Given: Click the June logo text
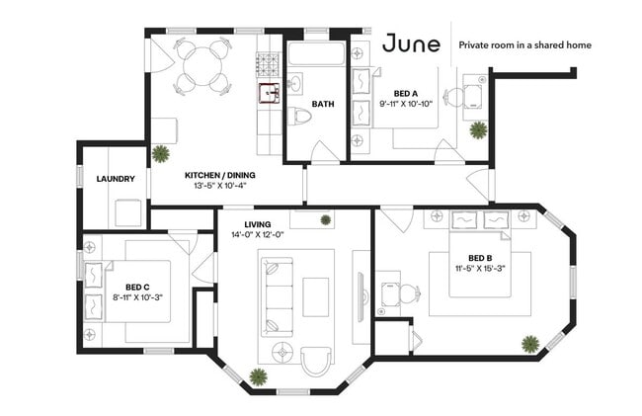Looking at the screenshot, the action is click(411, 43).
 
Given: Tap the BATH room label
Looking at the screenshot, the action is click(323, 104).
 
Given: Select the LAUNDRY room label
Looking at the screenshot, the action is click(116, 179).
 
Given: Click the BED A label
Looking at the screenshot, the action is click(406, 94).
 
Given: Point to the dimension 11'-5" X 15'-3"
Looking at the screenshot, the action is click(480, 269).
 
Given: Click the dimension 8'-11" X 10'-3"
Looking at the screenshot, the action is click(137, 297).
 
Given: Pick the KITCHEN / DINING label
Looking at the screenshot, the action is click(220, 175).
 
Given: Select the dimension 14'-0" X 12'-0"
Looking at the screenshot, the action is click(258, 235).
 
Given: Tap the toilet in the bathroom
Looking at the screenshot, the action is click(299, 116).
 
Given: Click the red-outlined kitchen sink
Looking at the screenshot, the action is click(270, 94).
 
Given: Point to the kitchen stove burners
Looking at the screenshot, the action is click(268, 65).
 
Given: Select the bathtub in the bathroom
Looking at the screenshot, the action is click(315, 53).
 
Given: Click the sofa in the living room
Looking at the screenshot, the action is click(278, 297).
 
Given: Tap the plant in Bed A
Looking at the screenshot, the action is click(478, 130).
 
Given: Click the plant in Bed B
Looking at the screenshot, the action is click(530, 344).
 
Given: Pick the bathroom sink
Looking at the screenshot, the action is click(294, 84).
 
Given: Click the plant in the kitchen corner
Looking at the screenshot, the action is click(160, 154).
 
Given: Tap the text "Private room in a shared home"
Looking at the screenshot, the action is click(524, 45).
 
